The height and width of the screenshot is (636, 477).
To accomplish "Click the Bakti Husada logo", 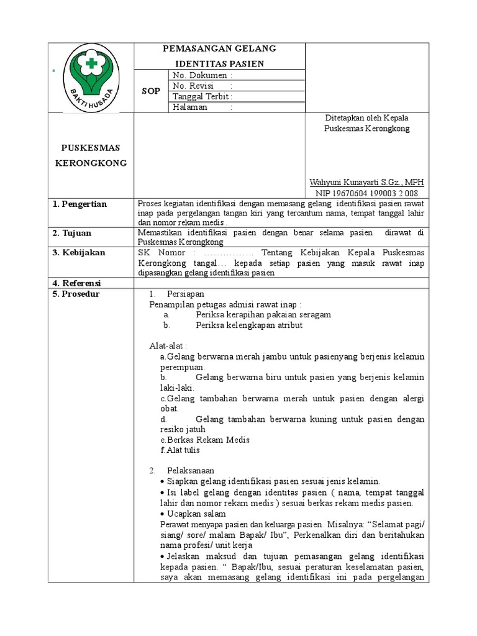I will click(91, 78).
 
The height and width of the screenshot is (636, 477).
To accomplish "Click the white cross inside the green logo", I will click(91, 64).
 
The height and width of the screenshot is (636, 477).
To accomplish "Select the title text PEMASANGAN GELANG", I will click(219, 49).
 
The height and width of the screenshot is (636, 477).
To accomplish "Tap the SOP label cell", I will click(151, 91).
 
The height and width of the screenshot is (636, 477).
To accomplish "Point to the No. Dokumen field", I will click(203, 75).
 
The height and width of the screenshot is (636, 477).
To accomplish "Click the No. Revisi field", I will click(203, 86).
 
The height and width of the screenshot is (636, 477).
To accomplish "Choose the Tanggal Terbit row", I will click(203, 96).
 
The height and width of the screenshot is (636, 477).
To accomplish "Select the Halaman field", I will click(203, 107).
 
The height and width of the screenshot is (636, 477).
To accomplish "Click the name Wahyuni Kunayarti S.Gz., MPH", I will click(366, 183).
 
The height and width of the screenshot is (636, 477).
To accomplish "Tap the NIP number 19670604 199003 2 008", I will click(366, 193).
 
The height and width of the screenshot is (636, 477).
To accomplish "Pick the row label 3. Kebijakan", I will click(83, 253).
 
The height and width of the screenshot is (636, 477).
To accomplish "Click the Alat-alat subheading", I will click(168, 345).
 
